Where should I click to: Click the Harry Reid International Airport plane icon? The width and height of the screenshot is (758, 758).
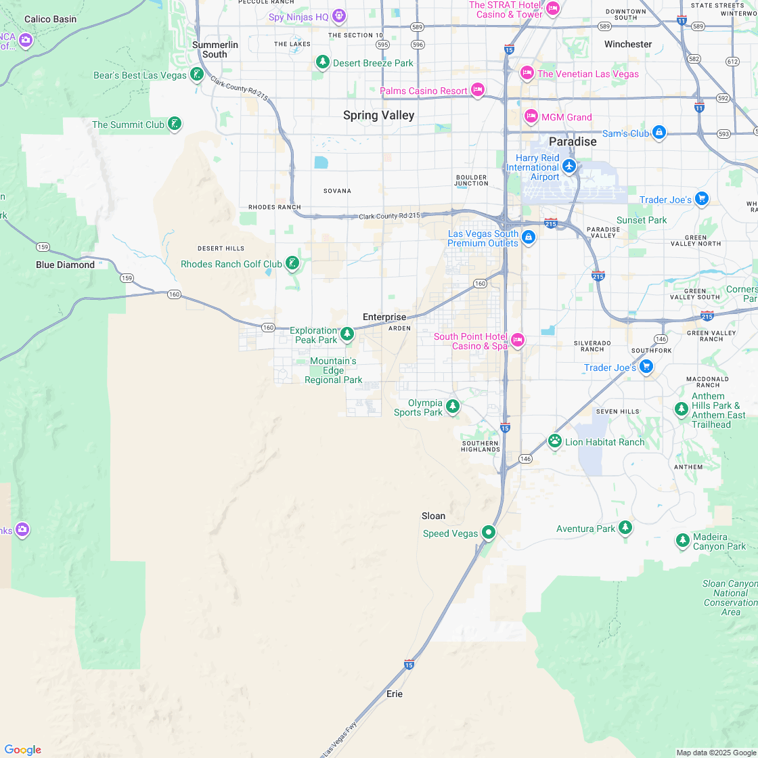click(x=569, y=166)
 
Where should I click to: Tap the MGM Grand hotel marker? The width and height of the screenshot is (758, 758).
click(x=531, y=116)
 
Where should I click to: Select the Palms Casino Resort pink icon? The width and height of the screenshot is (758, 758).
click(x=478, y=90)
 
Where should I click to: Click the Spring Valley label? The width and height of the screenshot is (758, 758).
click(x=378, y=116)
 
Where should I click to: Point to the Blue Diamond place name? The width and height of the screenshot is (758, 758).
click(x=65, y=265)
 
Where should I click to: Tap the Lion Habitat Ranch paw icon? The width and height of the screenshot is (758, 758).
click(x=555, y=441)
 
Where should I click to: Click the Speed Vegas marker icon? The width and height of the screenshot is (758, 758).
click(x=489, y=533)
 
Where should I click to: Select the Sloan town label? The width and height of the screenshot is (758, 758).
click(x=433, y=516)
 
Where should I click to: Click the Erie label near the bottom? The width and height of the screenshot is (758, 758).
click(x=394, y=694)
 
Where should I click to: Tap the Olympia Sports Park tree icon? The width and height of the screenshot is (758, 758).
click(x=453, y=407)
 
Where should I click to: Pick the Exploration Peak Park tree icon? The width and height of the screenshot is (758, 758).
click(x=347, y=334)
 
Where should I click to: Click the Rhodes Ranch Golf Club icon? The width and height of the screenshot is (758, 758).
click(x=292, y=263)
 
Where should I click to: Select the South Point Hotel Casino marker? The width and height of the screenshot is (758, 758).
click(x=518, y=340)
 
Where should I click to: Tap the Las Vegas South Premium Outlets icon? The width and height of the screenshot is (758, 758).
click(x=529, y=238)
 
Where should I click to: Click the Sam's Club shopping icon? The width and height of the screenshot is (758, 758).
click(x=659, y=133)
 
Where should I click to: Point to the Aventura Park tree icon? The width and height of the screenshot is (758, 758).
click(x=625, y=527)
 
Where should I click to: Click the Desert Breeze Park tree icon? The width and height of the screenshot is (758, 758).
click(x=323, y=62)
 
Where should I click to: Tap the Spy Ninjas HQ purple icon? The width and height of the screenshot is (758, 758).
click(x=339, y=16)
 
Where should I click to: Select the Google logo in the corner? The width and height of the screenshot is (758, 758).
click(x=22, y=749)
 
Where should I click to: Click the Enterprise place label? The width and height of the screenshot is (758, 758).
click(x=384, y=317)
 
